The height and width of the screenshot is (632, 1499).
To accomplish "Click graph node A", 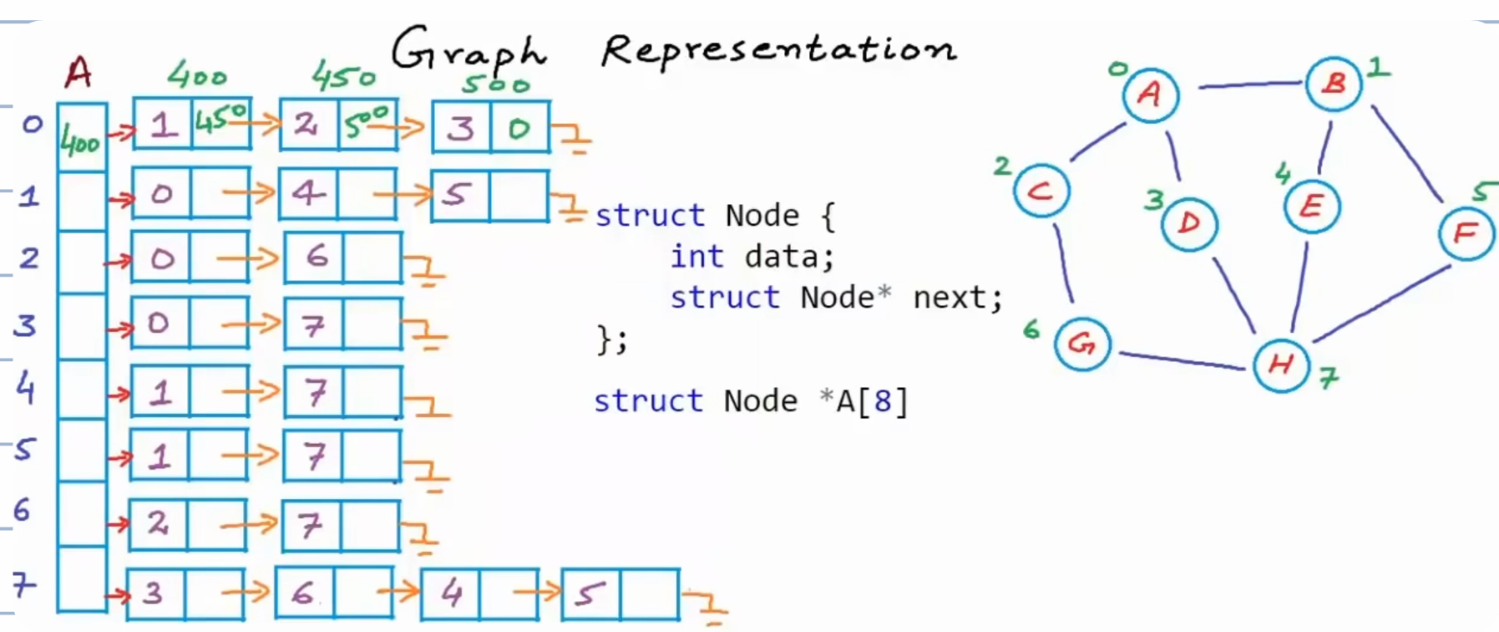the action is [1151, 94].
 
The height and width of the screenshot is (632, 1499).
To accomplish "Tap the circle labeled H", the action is [1281, 364].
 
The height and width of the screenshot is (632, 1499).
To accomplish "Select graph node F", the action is [1466, 233].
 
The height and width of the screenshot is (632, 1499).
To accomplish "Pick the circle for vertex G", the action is [1082, 344].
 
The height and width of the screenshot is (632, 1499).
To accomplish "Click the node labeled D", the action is [1189, 223].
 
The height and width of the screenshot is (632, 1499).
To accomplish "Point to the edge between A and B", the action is [1251, 84].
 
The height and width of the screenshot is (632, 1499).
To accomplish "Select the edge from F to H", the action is [1382, 303].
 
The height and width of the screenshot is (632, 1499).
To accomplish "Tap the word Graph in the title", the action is [469, 52].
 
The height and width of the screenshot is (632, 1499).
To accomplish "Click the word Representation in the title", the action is [778, 49].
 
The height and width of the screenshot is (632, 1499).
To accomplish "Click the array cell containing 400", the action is [82, 138].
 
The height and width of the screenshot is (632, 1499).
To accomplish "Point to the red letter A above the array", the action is [78, 73].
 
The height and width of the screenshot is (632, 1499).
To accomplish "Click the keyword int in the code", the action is [696, 256].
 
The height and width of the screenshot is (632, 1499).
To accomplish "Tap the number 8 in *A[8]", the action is [881, 401].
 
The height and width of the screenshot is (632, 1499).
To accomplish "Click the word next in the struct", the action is [950, 298].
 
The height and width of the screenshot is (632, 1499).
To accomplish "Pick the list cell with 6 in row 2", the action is [314, 257].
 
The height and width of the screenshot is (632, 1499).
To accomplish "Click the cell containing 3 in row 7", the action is [155, 594].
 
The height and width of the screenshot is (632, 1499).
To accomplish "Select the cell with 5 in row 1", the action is [461, 196].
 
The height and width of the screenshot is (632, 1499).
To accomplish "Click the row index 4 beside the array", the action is [26, 387].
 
